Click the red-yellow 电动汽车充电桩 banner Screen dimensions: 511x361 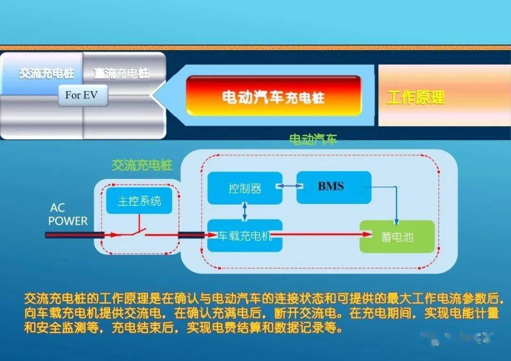[274, 96]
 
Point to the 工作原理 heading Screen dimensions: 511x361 [415, 97]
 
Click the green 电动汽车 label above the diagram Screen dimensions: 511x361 [313, 140]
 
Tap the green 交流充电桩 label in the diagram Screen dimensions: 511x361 [142, 165]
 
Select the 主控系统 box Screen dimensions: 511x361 [139, 201]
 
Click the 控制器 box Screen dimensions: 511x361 [245, 188]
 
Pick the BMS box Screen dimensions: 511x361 [334, 187]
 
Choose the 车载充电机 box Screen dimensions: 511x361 [245, 236]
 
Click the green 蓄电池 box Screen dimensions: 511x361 [397, 237]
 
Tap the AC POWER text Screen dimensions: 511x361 [68, 214]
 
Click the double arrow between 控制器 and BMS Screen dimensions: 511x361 [290, 186]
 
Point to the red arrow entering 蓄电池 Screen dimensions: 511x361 [321, 234]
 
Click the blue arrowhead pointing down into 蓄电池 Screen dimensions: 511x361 [396, 222]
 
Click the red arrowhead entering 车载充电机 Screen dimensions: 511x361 [213, 235]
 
